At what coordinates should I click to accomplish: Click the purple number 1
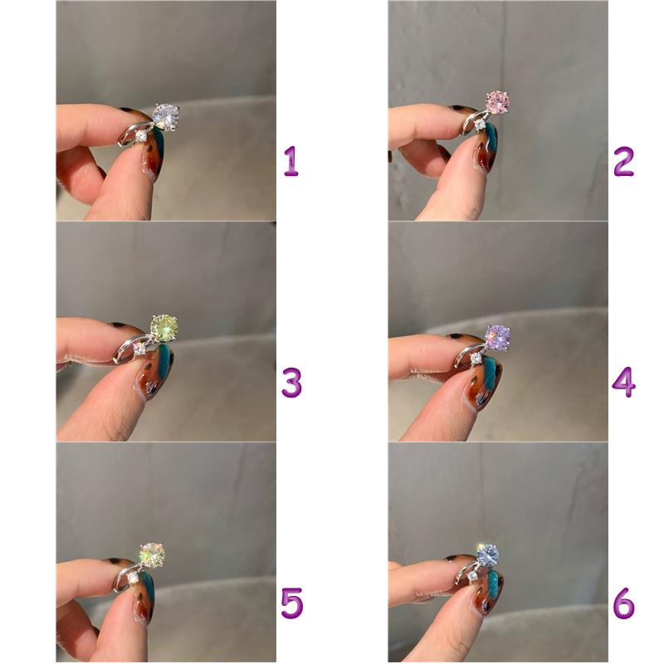click(x=291, y=161)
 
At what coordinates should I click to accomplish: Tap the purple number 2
click(x=623, y=162)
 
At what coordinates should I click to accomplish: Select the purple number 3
click(x=292, y=383)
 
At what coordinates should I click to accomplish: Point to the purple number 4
click(x=624, y=382)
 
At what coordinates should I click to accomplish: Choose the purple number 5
click(x=292, y=603)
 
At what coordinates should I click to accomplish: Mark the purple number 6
click(x=624, y=603)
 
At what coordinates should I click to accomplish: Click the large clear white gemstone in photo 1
click(x=165, y=116)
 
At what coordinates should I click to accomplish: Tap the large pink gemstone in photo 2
click(x=496, y=101)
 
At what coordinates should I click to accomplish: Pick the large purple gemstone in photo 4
click(x=497, y=338)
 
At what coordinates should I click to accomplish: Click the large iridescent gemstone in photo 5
click(x=152, y=554)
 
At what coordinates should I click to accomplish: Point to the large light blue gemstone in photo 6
click(x=487, y=555)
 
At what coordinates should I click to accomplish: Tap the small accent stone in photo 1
click(x=141, y=136)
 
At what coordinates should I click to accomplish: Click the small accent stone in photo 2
click(x=480, y=124)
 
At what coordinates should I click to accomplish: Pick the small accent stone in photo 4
click(x=476, y=359)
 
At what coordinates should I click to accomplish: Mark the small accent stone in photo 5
click(x=134, y=576)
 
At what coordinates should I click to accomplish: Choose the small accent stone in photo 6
click(x=471, y=575)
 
